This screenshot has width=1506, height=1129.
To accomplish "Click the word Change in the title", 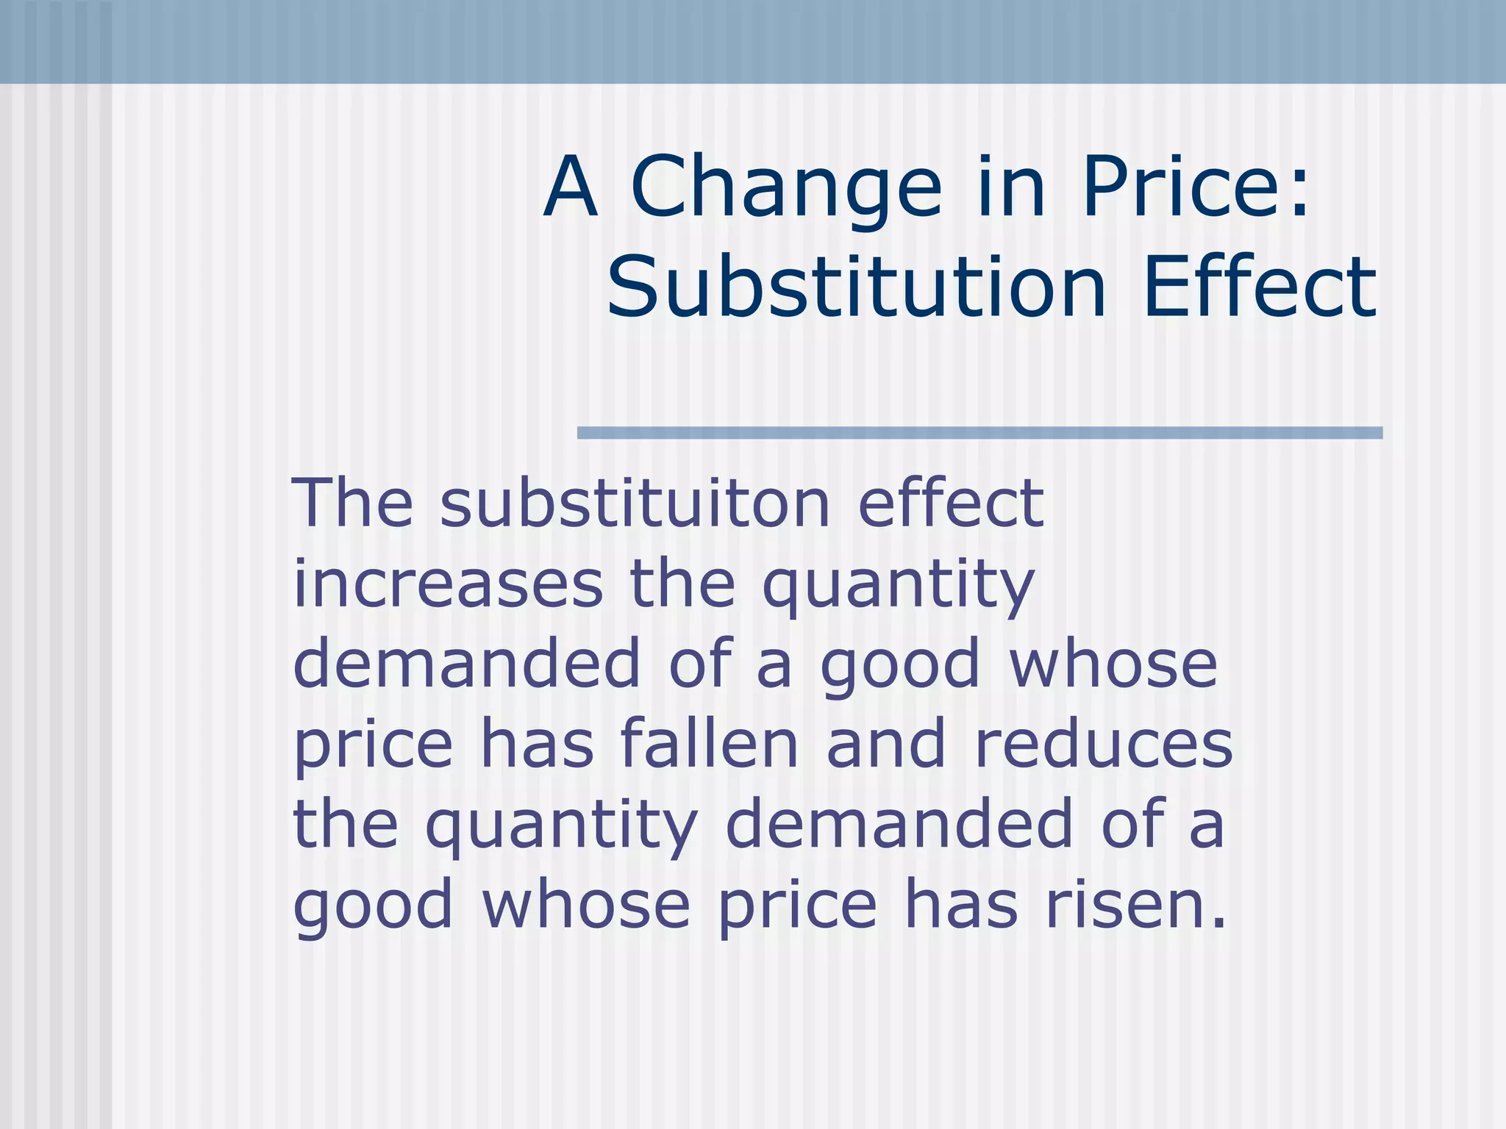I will pyautogui.click(x=786, y=187).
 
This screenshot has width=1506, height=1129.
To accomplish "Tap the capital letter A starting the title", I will pyautogui.click(x=570, y=187).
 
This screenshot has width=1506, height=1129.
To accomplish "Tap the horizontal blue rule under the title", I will pyautogui.click(x=979, y=433).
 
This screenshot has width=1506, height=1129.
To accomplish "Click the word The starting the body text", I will pyautogui.click(x=352, y=503).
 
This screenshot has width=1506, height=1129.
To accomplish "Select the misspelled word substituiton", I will pyautogui.click(x=635, y=503).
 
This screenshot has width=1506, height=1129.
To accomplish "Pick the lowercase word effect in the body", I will pyautogui.click(x=950, y=503).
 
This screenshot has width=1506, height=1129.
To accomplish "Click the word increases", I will pyautogui.click(x=448, y=585).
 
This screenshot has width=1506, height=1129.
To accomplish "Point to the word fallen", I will pyautogui.click(x=709, y=745).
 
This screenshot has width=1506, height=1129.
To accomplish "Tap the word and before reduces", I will pyautogui.click(x=886, y=745).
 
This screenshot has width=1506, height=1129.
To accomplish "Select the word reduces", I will pyautogui.click(x=1103, y=745).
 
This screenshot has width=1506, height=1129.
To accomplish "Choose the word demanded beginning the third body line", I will pyautogui.click(x=467, y=664).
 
